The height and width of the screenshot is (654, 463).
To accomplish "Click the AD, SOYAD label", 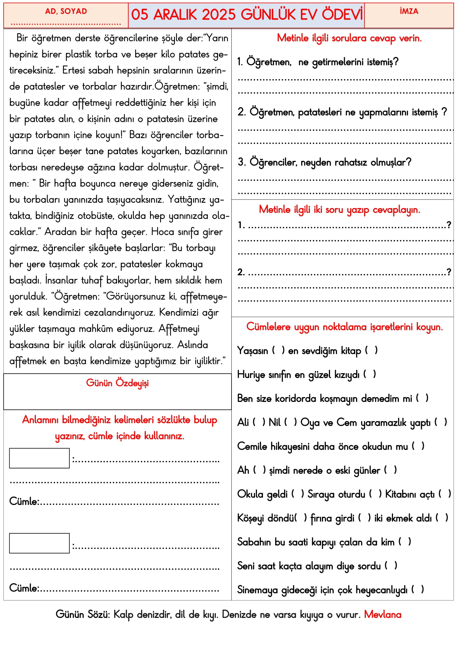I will [x=66, y=11].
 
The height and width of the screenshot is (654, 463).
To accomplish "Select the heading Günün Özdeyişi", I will [x=117, y=383].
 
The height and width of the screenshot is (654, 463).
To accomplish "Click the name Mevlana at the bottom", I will [x=383, y=614].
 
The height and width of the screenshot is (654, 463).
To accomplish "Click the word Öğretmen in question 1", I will [x=268, y=62].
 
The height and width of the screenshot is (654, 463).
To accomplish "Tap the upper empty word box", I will [x=39, y=458].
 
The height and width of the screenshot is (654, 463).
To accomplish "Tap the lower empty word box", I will [x=39, y=543].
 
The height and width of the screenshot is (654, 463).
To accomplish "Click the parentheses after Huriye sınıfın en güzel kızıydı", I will [x=370, y=374].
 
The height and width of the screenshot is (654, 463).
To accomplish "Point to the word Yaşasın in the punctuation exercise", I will [x=252, y=351].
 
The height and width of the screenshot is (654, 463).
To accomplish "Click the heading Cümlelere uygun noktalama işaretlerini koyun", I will [x=344, y=327].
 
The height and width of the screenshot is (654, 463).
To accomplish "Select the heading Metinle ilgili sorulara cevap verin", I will [x=349, y=38].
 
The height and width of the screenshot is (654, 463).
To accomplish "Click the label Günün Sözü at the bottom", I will [x=83, y=614].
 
